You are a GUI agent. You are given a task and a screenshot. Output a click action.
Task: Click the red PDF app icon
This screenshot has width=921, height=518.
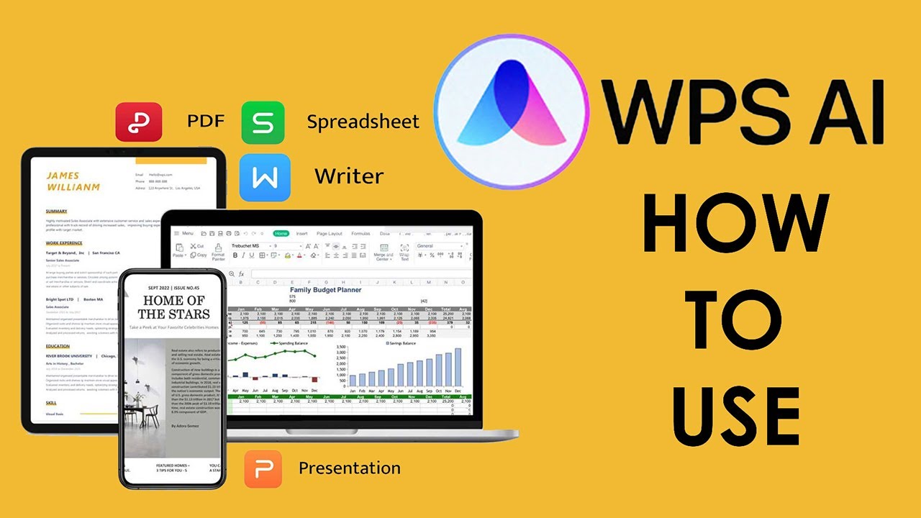click(138, 122)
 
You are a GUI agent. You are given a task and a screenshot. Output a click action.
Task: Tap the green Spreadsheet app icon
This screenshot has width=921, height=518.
click(263, 122)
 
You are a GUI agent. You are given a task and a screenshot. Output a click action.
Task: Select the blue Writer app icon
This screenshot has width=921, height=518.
click(265, 177)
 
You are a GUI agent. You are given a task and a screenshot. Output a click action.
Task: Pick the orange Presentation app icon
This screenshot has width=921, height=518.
click(263, 469)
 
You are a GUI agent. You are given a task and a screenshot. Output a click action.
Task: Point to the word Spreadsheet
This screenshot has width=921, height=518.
click(363, 122)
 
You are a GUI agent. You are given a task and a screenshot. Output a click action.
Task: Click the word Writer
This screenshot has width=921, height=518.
click(349, 176)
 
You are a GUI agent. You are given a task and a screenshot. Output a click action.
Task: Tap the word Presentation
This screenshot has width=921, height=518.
click(350, 468)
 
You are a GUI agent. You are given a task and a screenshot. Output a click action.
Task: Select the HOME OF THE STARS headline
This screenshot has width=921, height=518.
click(174, 307)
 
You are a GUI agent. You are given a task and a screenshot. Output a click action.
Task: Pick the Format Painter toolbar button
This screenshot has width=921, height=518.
click(218, 253)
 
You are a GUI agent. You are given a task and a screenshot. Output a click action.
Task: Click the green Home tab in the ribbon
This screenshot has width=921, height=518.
click(281, 234)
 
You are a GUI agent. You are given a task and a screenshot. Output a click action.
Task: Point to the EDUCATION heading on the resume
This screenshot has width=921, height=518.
click(58, 346)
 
